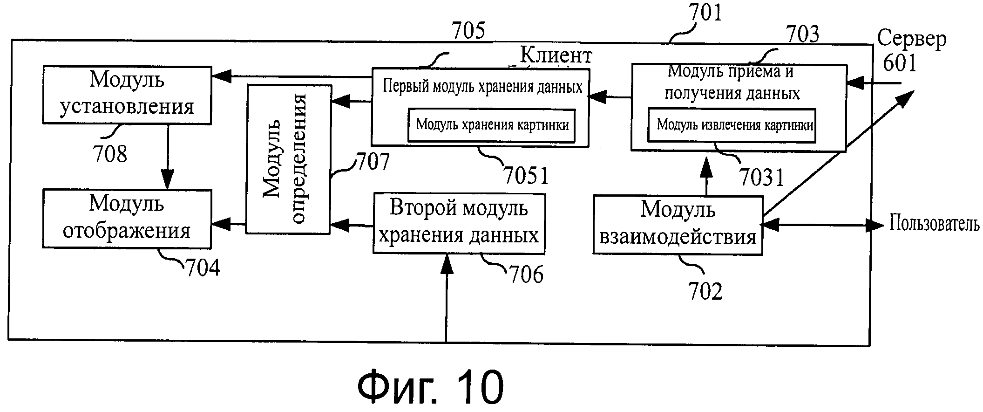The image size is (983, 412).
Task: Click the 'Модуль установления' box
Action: tap(127, 95)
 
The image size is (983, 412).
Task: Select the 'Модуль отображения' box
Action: tap(127, 218)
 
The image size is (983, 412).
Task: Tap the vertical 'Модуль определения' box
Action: tap(289, 159)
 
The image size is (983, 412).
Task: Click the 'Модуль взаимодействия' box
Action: tap(678, 225)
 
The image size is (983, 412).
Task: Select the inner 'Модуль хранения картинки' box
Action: tap(492, 125)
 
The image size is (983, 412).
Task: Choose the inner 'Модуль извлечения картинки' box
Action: tap(732, 125)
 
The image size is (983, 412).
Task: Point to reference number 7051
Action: tap(526, 176)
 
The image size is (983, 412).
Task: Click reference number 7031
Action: tap(762, 177)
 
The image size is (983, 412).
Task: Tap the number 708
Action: tap(110, 154)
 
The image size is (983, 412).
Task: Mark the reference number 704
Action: tap(203, 268)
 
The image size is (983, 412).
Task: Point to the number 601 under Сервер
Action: tap(900, 63)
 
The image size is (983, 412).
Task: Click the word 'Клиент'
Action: tap(556, 55)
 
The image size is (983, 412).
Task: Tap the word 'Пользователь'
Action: tap(934, 224)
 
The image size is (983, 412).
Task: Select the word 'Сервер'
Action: tap(912, 39)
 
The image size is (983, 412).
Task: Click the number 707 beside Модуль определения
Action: tap(373, 162)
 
